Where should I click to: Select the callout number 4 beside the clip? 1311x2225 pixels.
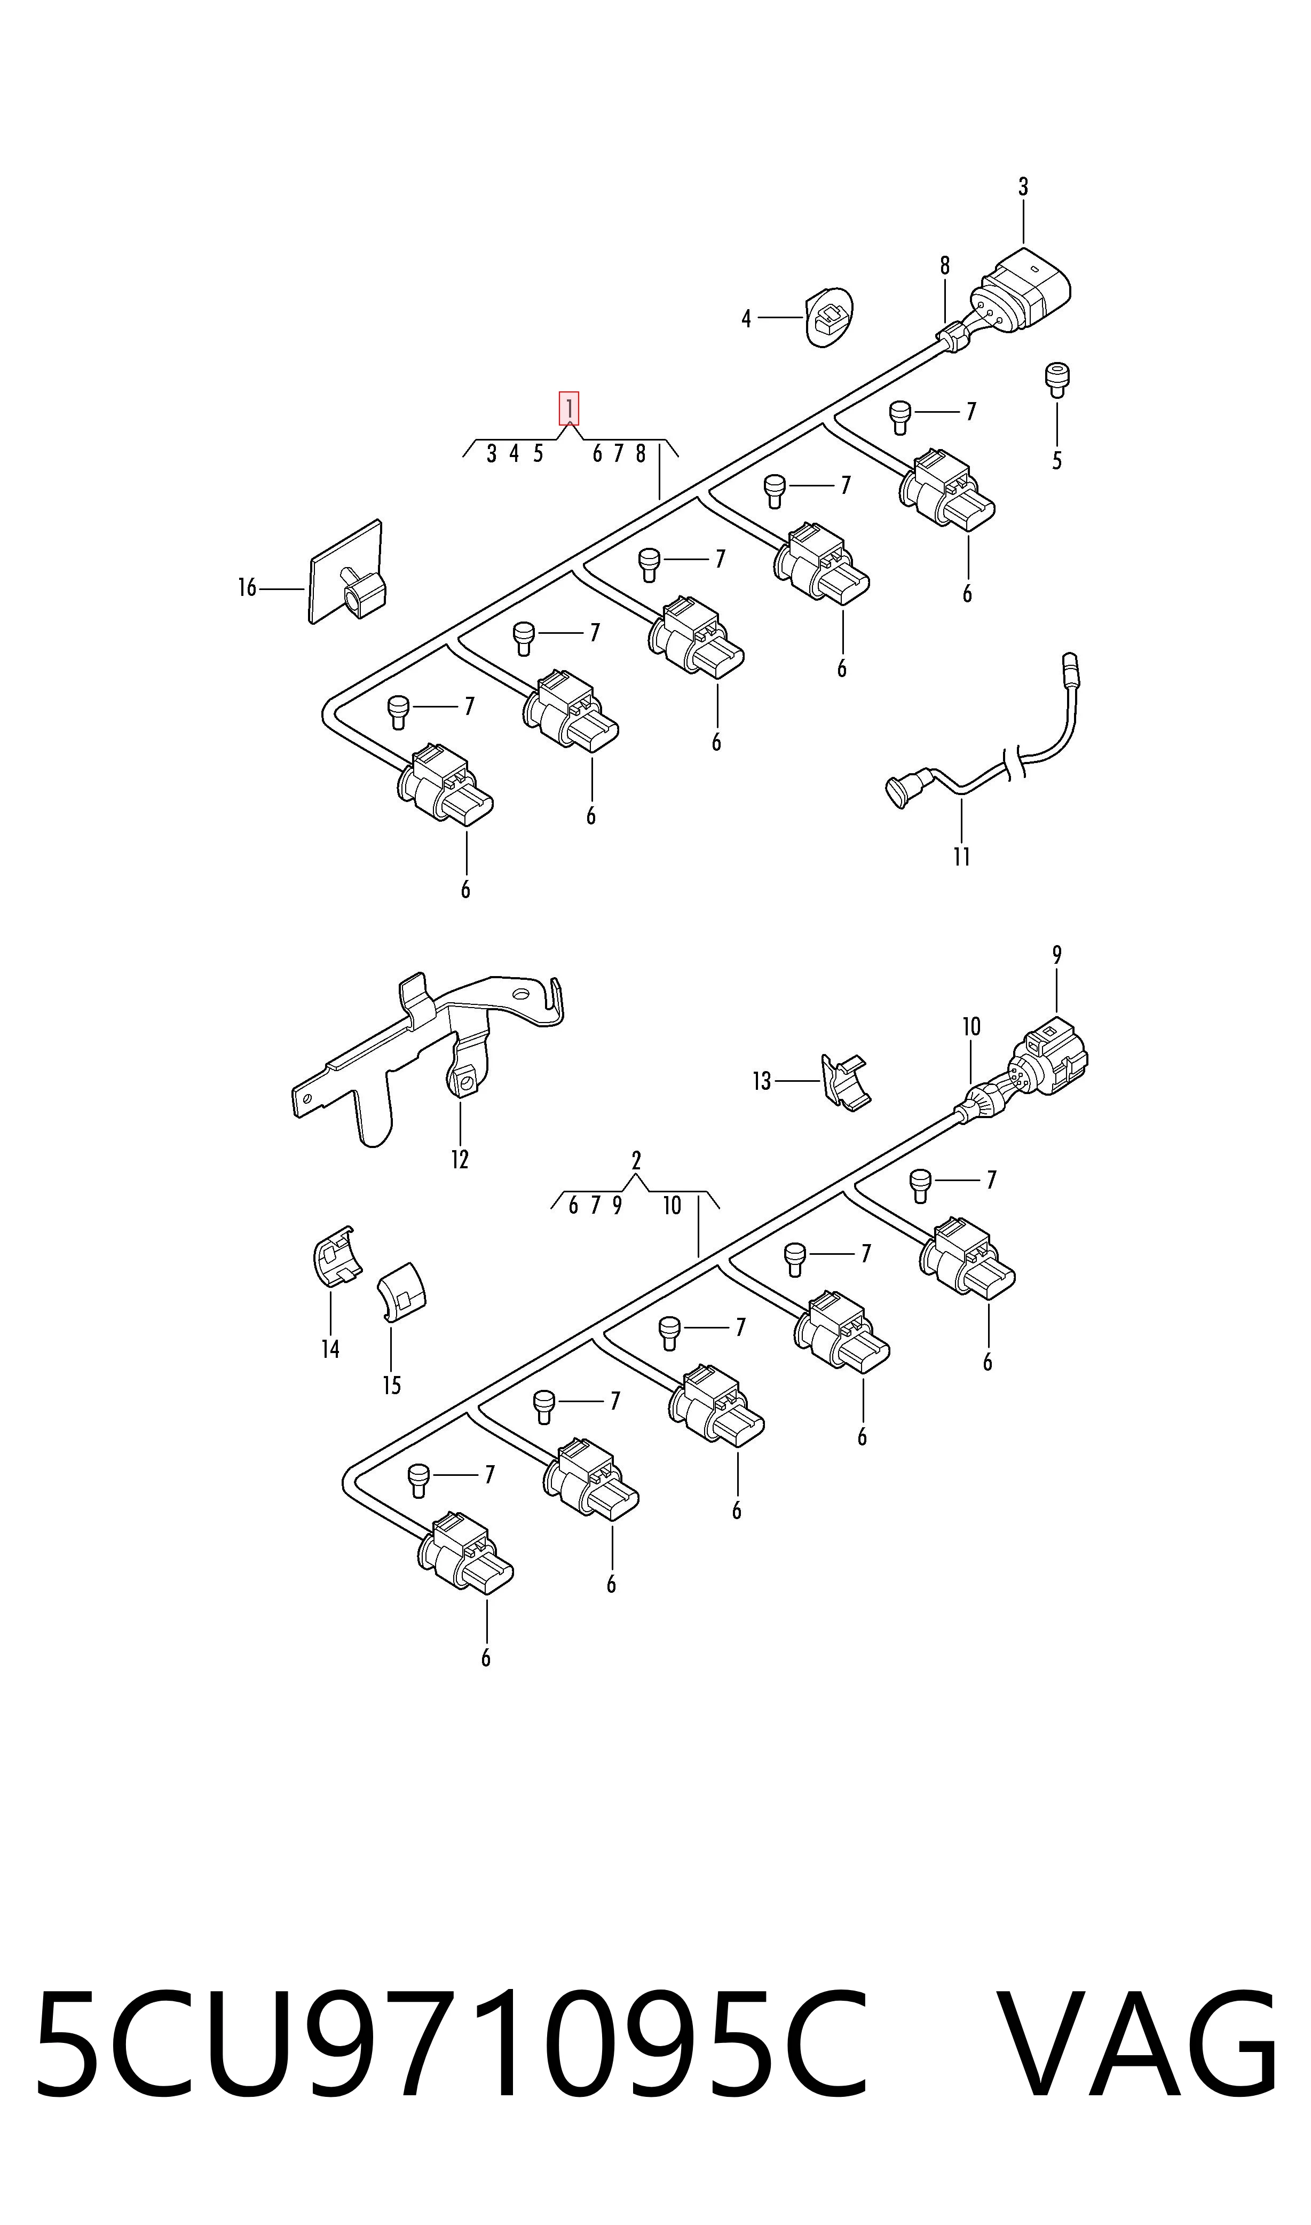(746, 318)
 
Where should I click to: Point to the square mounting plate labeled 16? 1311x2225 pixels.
(346, 572)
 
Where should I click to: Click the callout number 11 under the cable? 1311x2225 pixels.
(962, 856)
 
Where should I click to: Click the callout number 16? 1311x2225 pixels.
(247, 587)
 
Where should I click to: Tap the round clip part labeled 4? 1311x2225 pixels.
(831, 316)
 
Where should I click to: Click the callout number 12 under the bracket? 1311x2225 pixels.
(460, 1159)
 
